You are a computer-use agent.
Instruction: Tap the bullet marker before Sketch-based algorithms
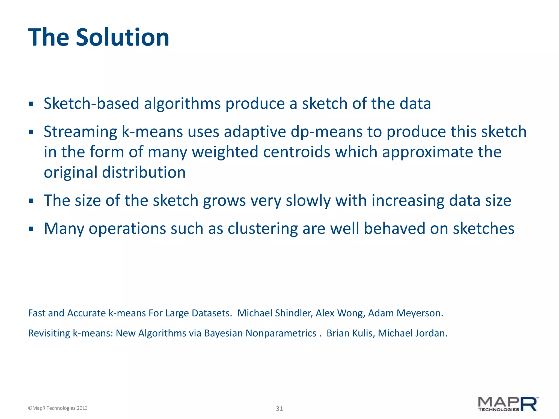31,104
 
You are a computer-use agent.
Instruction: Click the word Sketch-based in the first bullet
91,104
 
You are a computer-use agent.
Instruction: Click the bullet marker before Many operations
31,229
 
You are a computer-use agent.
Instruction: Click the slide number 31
279,409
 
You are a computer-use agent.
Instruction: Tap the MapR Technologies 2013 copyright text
58,408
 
